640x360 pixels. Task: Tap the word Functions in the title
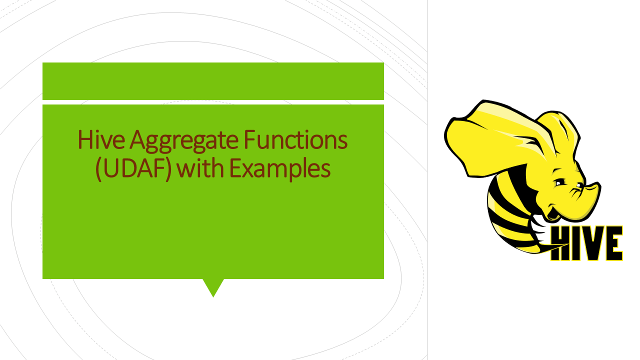pyautogui.click(x=295, y=140)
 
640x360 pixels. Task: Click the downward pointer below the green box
pyautogui.click(x=213, y=287)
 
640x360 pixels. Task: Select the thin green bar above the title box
pyautogui.click(x=213, y=81)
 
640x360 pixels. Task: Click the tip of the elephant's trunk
pyautogui.click(x=596, y=188)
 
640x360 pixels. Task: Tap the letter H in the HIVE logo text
pyautogui.click(x=561, y=243)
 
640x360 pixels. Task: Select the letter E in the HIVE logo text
pyautogui.click(x=613, y=243)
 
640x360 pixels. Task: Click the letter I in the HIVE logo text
pyautogui.click(x=576, y=243)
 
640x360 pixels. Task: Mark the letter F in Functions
pyautogui.click(x=249, y=140)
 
